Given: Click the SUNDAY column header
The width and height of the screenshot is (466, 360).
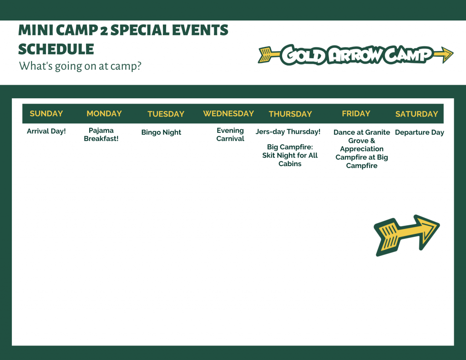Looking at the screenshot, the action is point(46,114).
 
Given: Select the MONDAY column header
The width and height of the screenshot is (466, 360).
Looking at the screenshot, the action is point(104,114).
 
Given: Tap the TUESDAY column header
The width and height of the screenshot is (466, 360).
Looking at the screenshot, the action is point(166,114).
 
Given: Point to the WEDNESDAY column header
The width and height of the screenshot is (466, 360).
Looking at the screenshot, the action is point(228,114).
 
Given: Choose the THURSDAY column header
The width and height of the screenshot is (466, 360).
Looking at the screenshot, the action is point(290,114).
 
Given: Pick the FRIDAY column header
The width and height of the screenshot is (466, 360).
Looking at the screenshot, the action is point(356,114).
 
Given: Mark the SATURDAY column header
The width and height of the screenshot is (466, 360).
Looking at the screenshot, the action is point(417,114).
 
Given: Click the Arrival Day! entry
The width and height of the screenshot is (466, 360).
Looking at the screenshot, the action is point(46,132).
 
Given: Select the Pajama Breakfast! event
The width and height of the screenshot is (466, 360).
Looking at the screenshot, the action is point(101,134).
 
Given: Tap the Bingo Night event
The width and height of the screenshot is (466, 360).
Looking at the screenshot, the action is point(161,132).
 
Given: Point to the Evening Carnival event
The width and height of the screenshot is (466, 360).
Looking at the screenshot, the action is point(230,134).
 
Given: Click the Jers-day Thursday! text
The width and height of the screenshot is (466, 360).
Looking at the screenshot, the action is point(288,132).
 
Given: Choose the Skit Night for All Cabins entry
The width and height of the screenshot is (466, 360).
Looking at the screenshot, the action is point(290,159).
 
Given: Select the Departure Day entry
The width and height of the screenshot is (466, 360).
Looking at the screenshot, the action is point(419,132).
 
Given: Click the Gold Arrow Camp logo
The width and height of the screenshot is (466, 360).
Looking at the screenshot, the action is point(355,55).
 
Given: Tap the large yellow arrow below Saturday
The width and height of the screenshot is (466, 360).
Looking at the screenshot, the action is point(406,235).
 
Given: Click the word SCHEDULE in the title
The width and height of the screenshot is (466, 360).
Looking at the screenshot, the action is point(56,49).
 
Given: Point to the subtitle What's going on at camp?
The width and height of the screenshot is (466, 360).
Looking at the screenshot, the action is point(80,66).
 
